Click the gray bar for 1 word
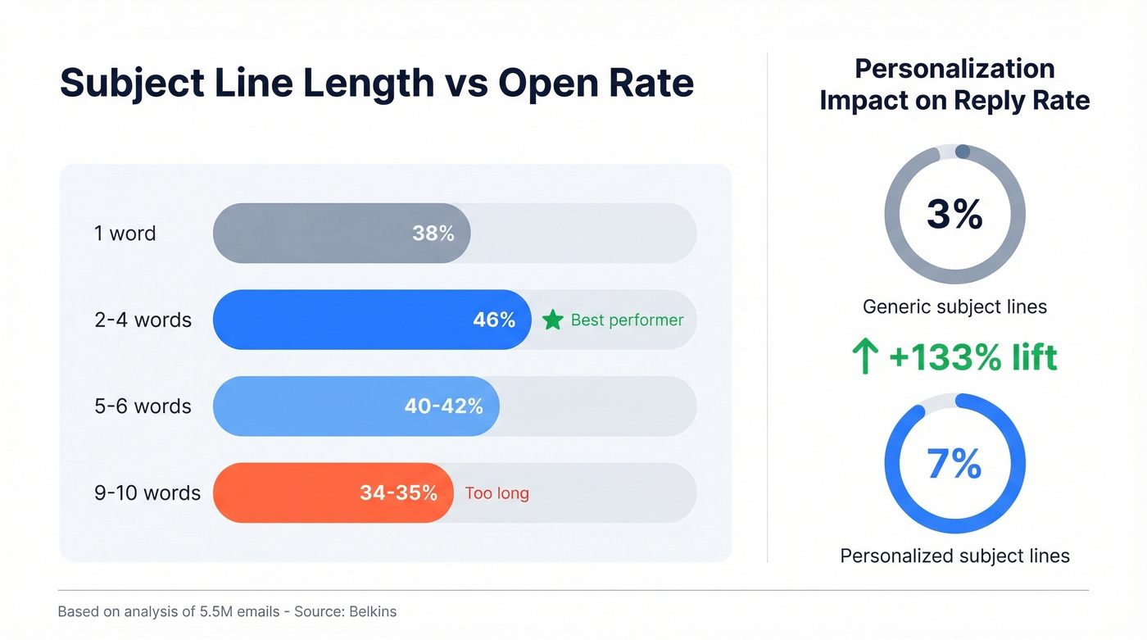[342, 234]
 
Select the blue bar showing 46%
[372, 320]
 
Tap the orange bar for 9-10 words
[333, 492]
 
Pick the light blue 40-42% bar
[356, 406]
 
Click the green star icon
[553, 320]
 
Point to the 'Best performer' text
[627, 320]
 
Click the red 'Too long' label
[496, 493]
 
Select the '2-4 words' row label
[143, 320]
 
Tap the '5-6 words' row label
[143, 406]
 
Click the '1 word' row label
[125, 234]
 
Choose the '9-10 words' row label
[147, 493]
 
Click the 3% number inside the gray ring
[954, 214]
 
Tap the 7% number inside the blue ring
[954, 464]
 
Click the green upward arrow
[865, 358]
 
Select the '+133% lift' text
[972, 357]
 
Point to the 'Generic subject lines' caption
[954, 307]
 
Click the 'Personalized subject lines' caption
[954, 556]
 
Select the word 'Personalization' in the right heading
[954, 68]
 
